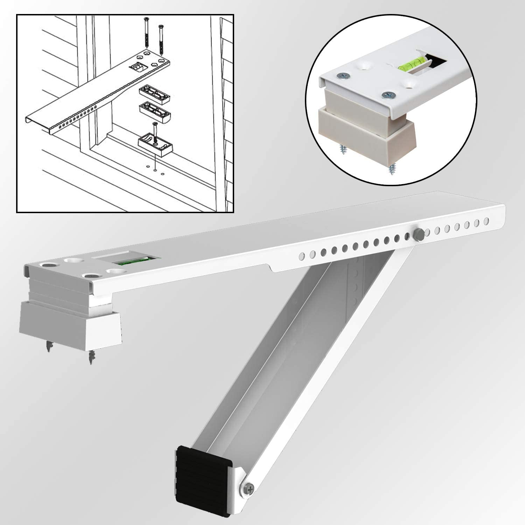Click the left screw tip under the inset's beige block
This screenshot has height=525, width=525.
pyautogui.click(x=342, y=150)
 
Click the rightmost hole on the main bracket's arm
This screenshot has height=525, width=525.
pyautogui.click(x=486, y=221)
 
